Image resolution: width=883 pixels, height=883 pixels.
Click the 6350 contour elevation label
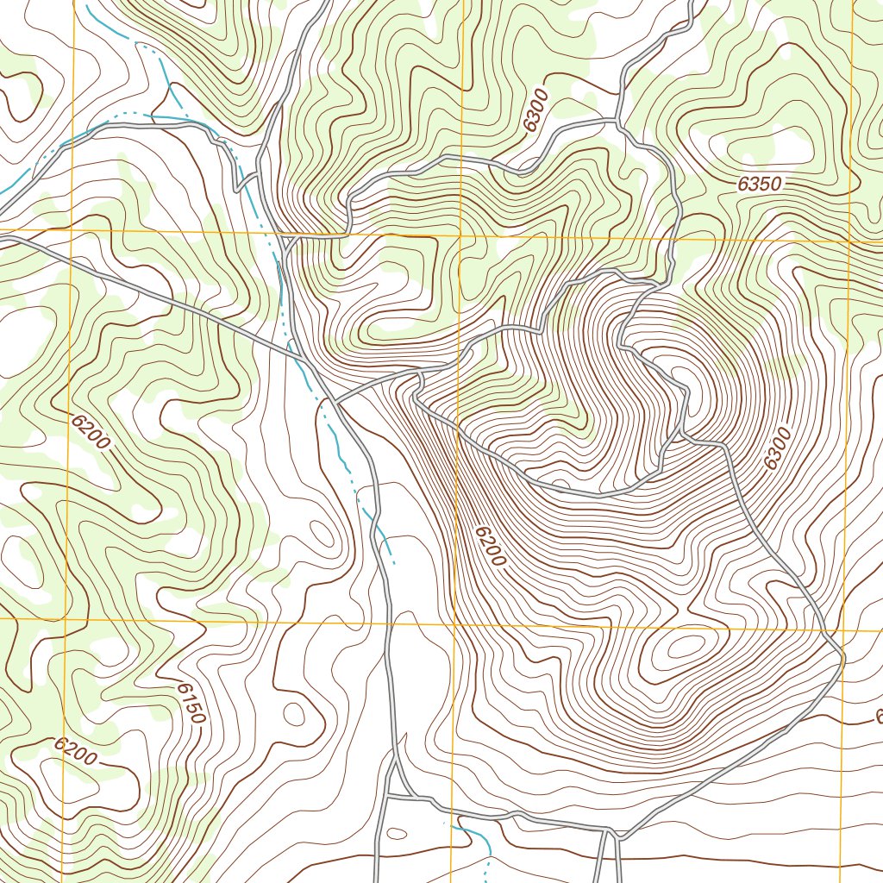(x=759, y=184)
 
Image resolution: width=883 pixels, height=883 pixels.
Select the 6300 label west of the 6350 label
(x=535, y=113)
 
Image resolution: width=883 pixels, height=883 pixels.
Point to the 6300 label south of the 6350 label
(x=776, y=448)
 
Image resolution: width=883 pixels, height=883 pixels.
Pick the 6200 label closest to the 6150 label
(x=76, y=752)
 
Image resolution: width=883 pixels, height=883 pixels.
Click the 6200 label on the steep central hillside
(x=489, y=544)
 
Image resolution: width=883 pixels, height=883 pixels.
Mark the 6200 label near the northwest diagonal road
(x=91, y=433)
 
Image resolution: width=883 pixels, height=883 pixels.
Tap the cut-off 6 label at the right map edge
(x=878, y=717)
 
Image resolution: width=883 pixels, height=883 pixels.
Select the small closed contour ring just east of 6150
(x=293, y=714)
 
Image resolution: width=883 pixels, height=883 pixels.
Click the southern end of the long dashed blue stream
(x=394, y=562)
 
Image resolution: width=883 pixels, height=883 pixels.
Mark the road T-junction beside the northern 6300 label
(x=619, y=120)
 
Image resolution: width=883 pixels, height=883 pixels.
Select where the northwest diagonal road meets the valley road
(x=299, y=355)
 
